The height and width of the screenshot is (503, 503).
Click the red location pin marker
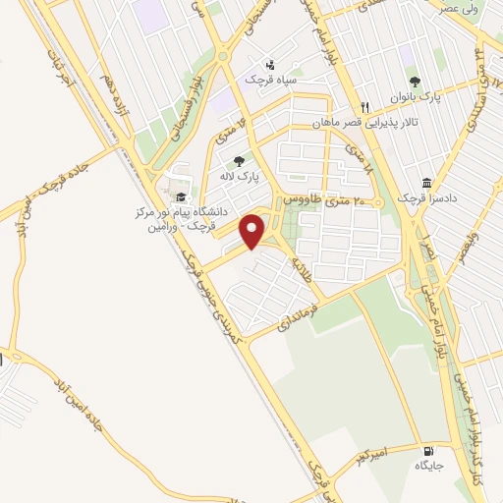(253, 231)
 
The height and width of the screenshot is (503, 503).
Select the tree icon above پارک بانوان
(415, 83)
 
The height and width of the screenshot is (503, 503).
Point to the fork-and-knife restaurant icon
(364, 107)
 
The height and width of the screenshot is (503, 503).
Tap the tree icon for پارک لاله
(239, 161)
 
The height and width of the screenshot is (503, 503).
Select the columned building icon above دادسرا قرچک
(425, 183)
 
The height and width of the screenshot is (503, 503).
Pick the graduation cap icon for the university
(182, 197)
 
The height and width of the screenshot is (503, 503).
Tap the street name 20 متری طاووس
(325, 198)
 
